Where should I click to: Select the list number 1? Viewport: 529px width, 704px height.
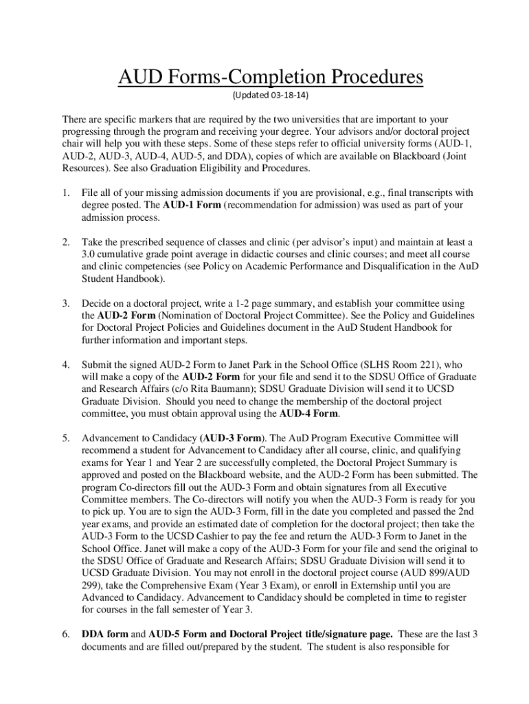click(65, 193)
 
